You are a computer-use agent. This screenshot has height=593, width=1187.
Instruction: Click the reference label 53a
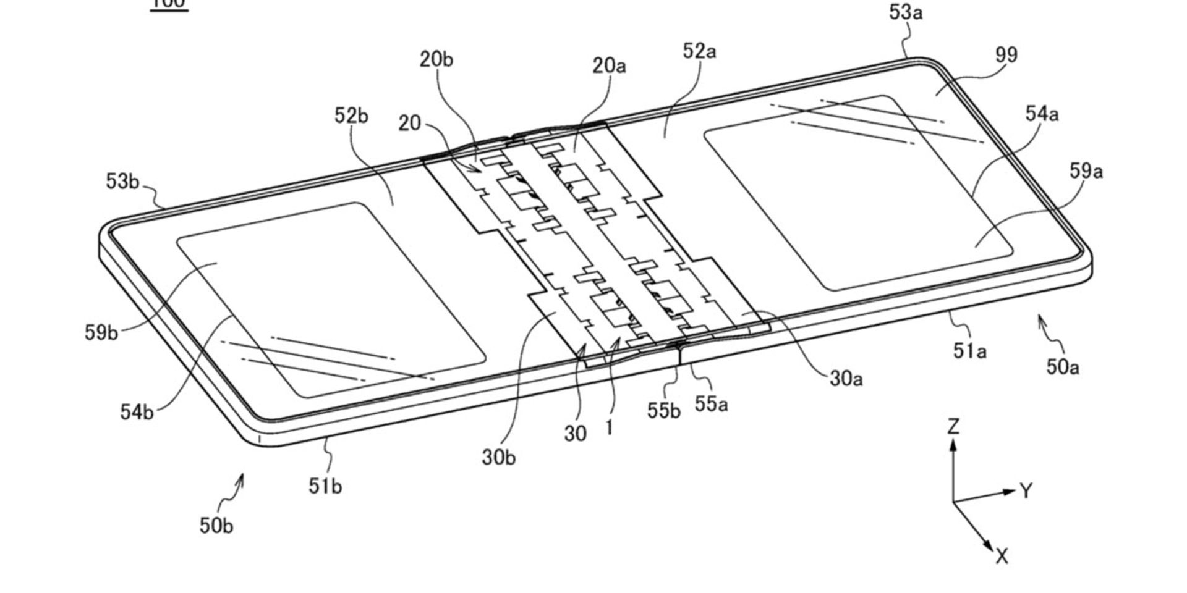906,12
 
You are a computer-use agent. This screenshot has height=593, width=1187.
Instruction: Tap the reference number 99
1006,55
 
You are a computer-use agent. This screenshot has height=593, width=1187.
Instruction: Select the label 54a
1042,114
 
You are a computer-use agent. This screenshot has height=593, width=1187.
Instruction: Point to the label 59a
1086,171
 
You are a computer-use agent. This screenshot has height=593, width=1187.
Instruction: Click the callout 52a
699,51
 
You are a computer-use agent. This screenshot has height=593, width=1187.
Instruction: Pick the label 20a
609,65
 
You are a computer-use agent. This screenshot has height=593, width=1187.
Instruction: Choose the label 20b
436,59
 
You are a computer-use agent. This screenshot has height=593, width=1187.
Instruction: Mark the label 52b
351,116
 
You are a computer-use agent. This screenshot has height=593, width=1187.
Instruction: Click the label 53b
122,182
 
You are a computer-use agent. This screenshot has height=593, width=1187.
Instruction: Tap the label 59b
101,332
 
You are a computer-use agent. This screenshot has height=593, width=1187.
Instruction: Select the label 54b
137,412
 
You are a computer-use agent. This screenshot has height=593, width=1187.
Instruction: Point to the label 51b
325,487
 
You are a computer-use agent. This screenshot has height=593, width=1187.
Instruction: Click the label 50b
216,526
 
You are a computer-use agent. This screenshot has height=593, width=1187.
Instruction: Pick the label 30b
498,458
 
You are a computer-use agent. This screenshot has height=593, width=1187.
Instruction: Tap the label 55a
711,404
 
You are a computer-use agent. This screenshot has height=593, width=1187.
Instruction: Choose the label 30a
846,378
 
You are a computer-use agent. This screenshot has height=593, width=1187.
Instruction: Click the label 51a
969,351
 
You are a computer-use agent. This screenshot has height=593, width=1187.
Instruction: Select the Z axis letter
953,426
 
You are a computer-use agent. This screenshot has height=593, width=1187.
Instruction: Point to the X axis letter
1002,557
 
